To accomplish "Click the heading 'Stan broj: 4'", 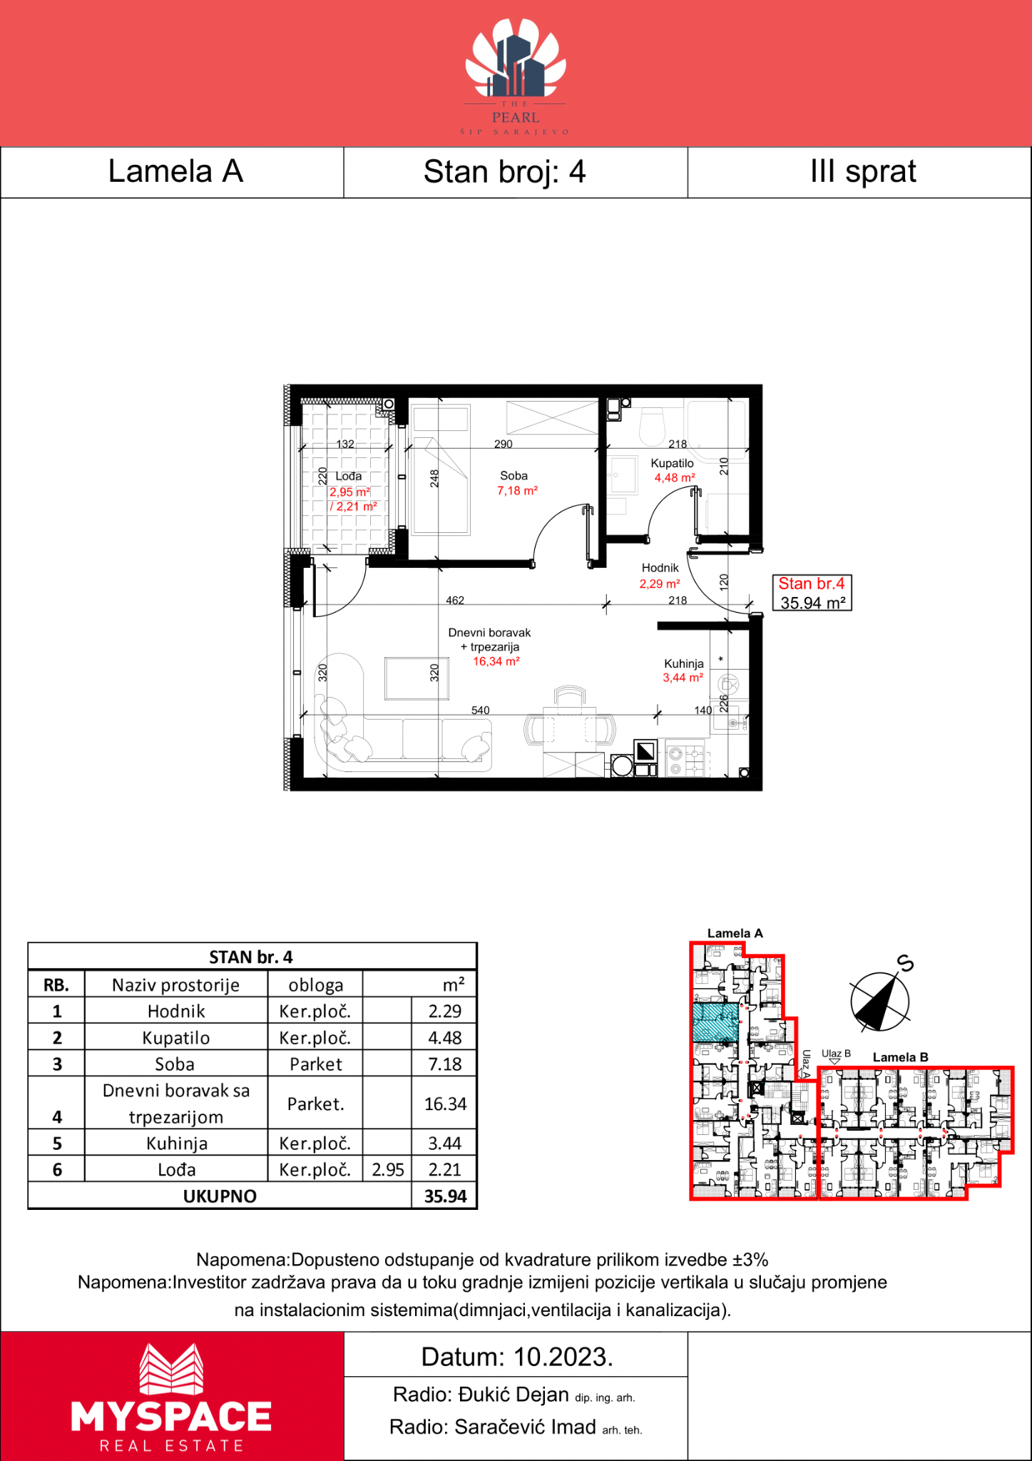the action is pyautogui.click(x=504, y=172).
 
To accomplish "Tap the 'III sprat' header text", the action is pyautogui.click(x=863, y=172).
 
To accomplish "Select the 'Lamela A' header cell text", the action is pyautogui.click(x=175, y=171).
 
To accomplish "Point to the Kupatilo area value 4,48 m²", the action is pyautogui.click(x=675, y=478).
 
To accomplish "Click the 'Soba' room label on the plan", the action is pyautogui.click(x=514, y=476).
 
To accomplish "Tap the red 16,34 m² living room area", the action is pyautogui.click(x=496, y=661).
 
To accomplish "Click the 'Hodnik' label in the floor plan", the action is pyautogui.click(x=660, y=568).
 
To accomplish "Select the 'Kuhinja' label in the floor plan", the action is pyautogui.click(x=684, y=663).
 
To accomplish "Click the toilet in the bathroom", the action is pyautogui.click(x=652, y=426).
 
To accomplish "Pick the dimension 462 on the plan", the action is pyautogui.click(x=455, y=601).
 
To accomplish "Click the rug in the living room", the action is pyautogui.click(x=417, y=679).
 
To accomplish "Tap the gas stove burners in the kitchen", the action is pyautogui.click(x=685, y=760).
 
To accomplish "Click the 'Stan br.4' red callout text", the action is pyautogui.click(x=812, y=584).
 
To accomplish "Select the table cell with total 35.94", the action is pyautogui.click(x=445, y=1196).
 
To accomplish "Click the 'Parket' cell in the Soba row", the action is pyautogui.click(x=316, y=1064).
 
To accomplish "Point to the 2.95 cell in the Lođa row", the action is pyautogui.click(x=388, y=1170).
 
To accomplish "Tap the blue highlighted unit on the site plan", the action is pyautogui.click(x=715, y=1022).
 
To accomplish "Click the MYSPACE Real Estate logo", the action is pyautogui.click(x=171, y=1398).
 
